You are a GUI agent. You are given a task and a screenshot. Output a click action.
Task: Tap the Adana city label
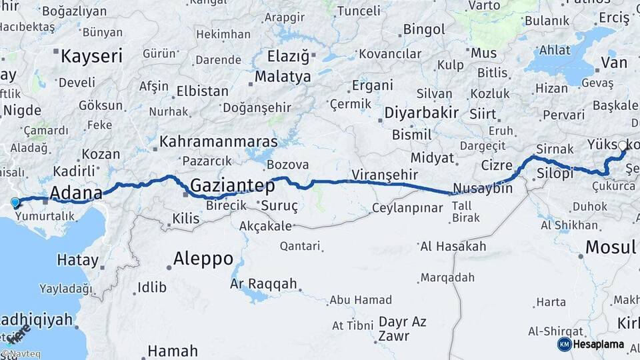point(77,194)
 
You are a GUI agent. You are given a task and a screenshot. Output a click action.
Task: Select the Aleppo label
point(203,259)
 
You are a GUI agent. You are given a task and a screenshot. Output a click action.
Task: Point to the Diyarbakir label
point(421,113)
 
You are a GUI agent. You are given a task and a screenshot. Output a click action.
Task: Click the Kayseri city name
point(91,56)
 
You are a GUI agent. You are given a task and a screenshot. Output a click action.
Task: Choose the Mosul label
point(610,248)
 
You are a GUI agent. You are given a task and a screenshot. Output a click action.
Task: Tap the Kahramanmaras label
point(218,142)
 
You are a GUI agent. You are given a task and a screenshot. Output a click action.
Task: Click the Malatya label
point(283,77)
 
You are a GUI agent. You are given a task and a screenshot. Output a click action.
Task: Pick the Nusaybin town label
point(482,188)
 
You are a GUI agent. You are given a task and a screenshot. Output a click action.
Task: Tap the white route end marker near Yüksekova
point(623,146)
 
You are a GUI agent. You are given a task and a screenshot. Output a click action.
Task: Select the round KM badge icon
point(564,344)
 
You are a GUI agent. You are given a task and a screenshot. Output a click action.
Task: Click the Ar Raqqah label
point(263,284)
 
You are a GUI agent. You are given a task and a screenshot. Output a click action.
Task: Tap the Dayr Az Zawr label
point(402,329)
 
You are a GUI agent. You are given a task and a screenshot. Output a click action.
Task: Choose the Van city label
point(613,63)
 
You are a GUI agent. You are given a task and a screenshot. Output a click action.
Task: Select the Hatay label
point(77,260)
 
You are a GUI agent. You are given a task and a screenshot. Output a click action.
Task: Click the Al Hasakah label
point(453,247)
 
